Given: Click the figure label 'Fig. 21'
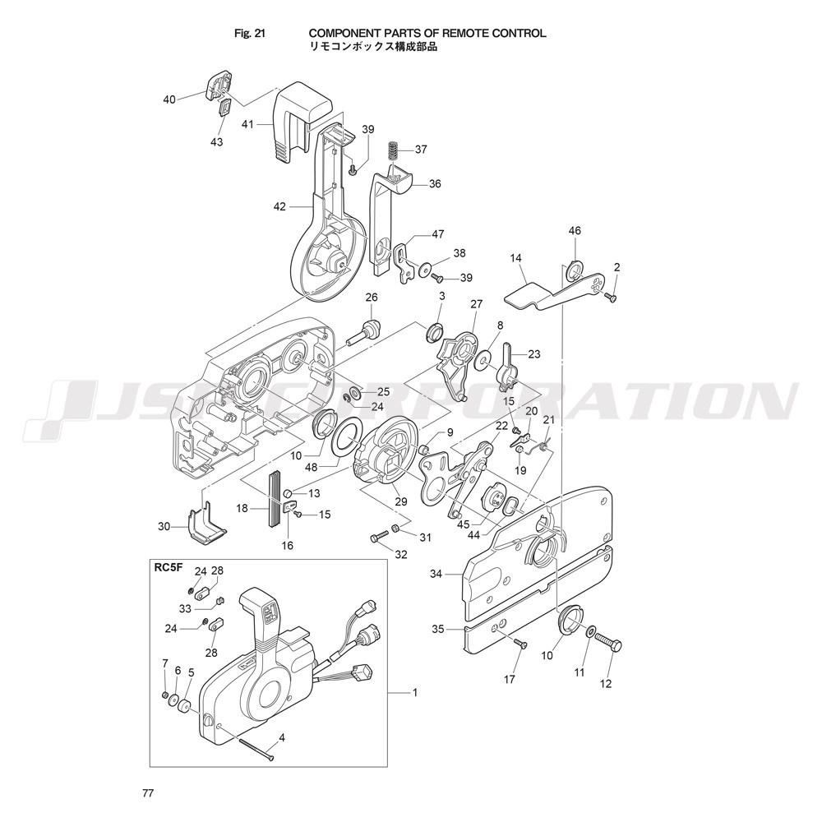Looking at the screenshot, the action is pos(250,34).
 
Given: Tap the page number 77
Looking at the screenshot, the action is pos(148,793).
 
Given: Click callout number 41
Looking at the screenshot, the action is pos(247,125).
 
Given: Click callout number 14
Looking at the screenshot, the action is pos(516,258).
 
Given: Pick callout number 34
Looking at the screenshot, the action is pos(436,574).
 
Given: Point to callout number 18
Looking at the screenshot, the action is pos(242,509).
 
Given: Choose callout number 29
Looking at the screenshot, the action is pos(401,501).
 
